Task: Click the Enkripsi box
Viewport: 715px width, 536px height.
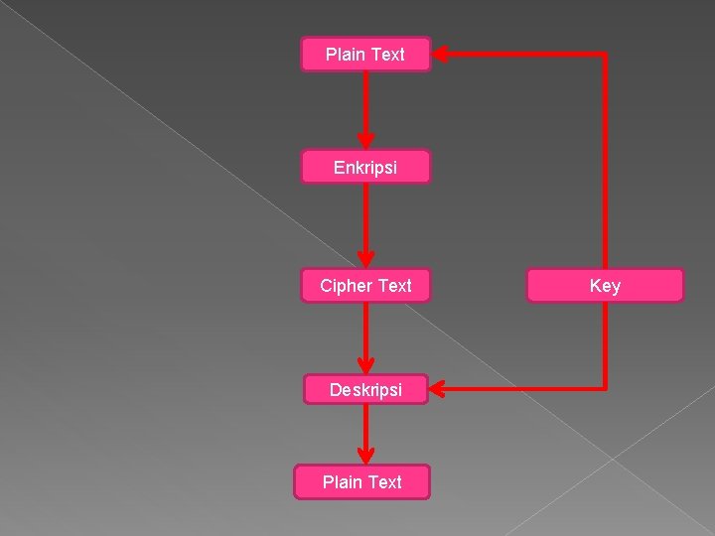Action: (365, 168)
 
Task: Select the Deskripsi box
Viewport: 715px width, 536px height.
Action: (365, 390)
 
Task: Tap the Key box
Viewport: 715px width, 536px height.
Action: (605, 286)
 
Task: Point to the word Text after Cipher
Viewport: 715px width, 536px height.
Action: (394, 286)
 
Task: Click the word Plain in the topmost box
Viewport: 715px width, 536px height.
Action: (346, 55)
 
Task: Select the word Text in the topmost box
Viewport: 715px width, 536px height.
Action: (387, 55)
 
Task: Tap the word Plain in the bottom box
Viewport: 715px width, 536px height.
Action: (343, 482)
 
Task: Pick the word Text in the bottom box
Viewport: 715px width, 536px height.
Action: (384, 482)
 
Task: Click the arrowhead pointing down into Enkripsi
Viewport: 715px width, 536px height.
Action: (365, 140)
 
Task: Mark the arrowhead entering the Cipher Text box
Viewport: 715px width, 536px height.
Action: (365, 259)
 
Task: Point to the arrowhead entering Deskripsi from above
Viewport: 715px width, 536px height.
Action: (365, 364)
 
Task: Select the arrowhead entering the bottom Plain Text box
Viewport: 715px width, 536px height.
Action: (365, 456)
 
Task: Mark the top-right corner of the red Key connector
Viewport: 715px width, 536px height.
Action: (604, 54)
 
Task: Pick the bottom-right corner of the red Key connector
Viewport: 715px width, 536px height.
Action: (604, 387)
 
